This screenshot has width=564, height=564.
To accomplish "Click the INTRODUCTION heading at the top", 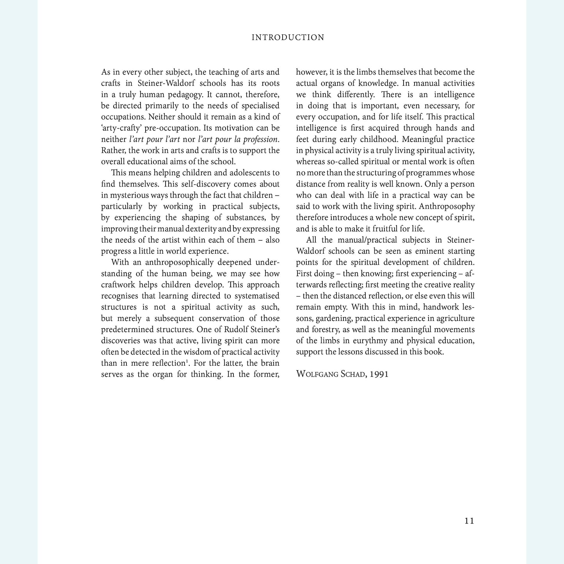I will point(288,37).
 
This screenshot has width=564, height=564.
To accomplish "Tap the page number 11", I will point(469,521).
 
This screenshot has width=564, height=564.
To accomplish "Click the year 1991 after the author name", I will point(379,374).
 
